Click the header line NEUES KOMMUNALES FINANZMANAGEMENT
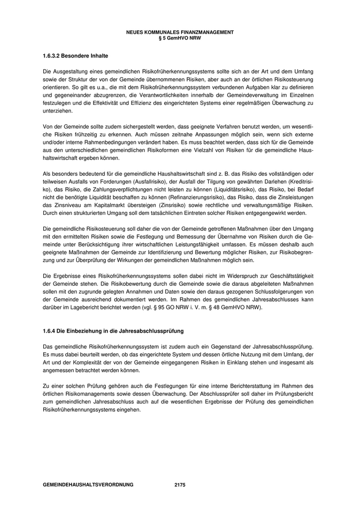coord(179,32)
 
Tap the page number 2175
coord(180,484)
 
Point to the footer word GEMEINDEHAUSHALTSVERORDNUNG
coord(88,484)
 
